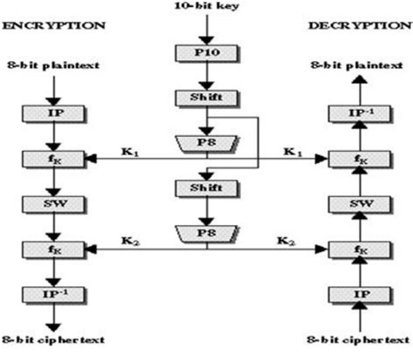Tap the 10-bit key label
tap(206, 8)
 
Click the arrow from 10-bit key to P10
tap(206, 29)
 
